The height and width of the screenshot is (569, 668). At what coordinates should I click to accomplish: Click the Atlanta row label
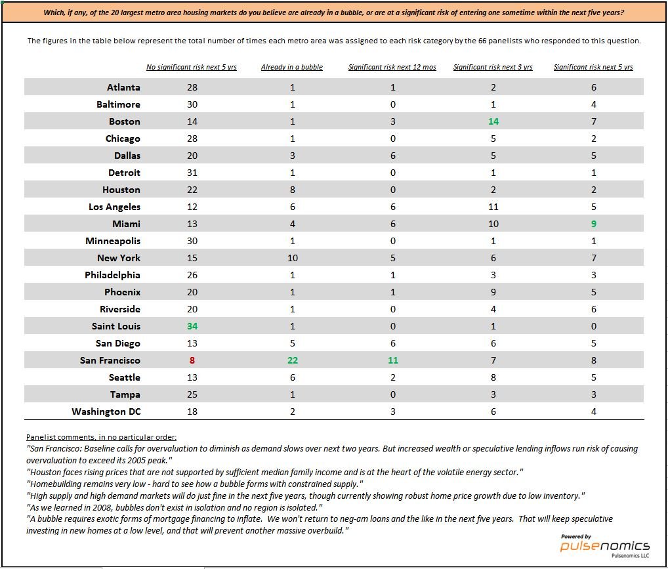coord(123,87)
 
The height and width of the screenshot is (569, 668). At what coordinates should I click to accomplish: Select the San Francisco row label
coord(110,360)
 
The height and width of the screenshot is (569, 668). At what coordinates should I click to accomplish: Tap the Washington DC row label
coord(106,411)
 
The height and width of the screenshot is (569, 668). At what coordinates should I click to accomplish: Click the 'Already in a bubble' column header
coord(292,67)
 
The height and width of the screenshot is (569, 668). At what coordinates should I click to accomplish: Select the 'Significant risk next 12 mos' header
coord(392,67)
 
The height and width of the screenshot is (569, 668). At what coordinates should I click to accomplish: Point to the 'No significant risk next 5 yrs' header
coord(192,67)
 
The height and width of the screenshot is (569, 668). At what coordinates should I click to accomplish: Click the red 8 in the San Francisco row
coord(192,360)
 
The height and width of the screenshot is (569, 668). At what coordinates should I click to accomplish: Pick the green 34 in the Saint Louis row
coord(192,326)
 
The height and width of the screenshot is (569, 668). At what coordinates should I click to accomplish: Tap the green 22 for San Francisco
coord(293,360)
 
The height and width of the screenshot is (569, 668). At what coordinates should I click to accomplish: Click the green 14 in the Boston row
coord(493,121)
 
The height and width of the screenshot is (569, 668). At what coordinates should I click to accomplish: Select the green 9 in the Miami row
coord(594,224)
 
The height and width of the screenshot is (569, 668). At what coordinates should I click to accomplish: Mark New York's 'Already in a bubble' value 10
coord(293,258)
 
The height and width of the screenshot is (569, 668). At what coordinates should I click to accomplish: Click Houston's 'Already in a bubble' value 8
coord(293,190)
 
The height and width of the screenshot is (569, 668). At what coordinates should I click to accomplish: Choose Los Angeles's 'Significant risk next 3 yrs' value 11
coord(493,207)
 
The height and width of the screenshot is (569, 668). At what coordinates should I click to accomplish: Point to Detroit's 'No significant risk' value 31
coord(192,173)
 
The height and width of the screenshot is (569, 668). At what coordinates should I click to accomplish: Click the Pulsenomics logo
coord(605,546)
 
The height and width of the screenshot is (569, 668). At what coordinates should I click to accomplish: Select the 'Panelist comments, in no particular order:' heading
coord(102,437)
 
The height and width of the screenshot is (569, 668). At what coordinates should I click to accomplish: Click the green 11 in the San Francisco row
coord(393,360)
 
